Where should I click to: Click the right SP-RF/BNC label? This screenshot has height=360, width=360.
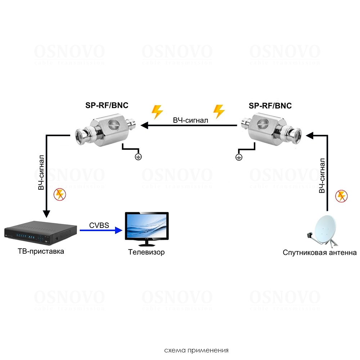(x=270, y=106)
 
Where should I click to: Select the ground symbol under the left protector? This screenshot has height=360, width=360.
(x=138, y=156)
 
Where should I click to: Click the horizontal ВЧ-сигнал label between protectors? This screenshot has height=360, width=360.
(x=190, y=120)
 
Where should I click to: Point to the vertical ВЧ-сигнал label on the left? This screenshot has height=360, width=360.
(x=42, y=172)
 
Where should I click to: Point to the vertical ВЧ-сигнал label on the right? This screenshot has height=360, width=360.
(x=322, y=175)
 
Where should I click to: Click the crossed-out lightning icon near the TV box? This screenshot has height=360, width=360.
(x=59, y=195)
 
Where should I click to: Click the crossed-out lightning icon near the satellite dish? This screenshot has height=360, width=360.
(x=341, y=196)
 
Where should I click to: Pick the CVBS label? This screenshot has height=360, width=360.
(x=99, y=226)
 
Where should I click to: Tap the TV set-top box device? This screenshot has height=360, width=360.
(x=41, y=233)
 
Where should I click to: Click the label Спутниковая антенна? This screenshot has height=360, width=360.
(x=320, y=253)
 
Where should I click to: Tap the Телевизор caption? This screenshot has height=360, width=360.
(x=147, y=252)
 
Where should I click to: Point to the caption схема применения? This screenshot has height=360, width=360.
(x=196, y=350)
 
